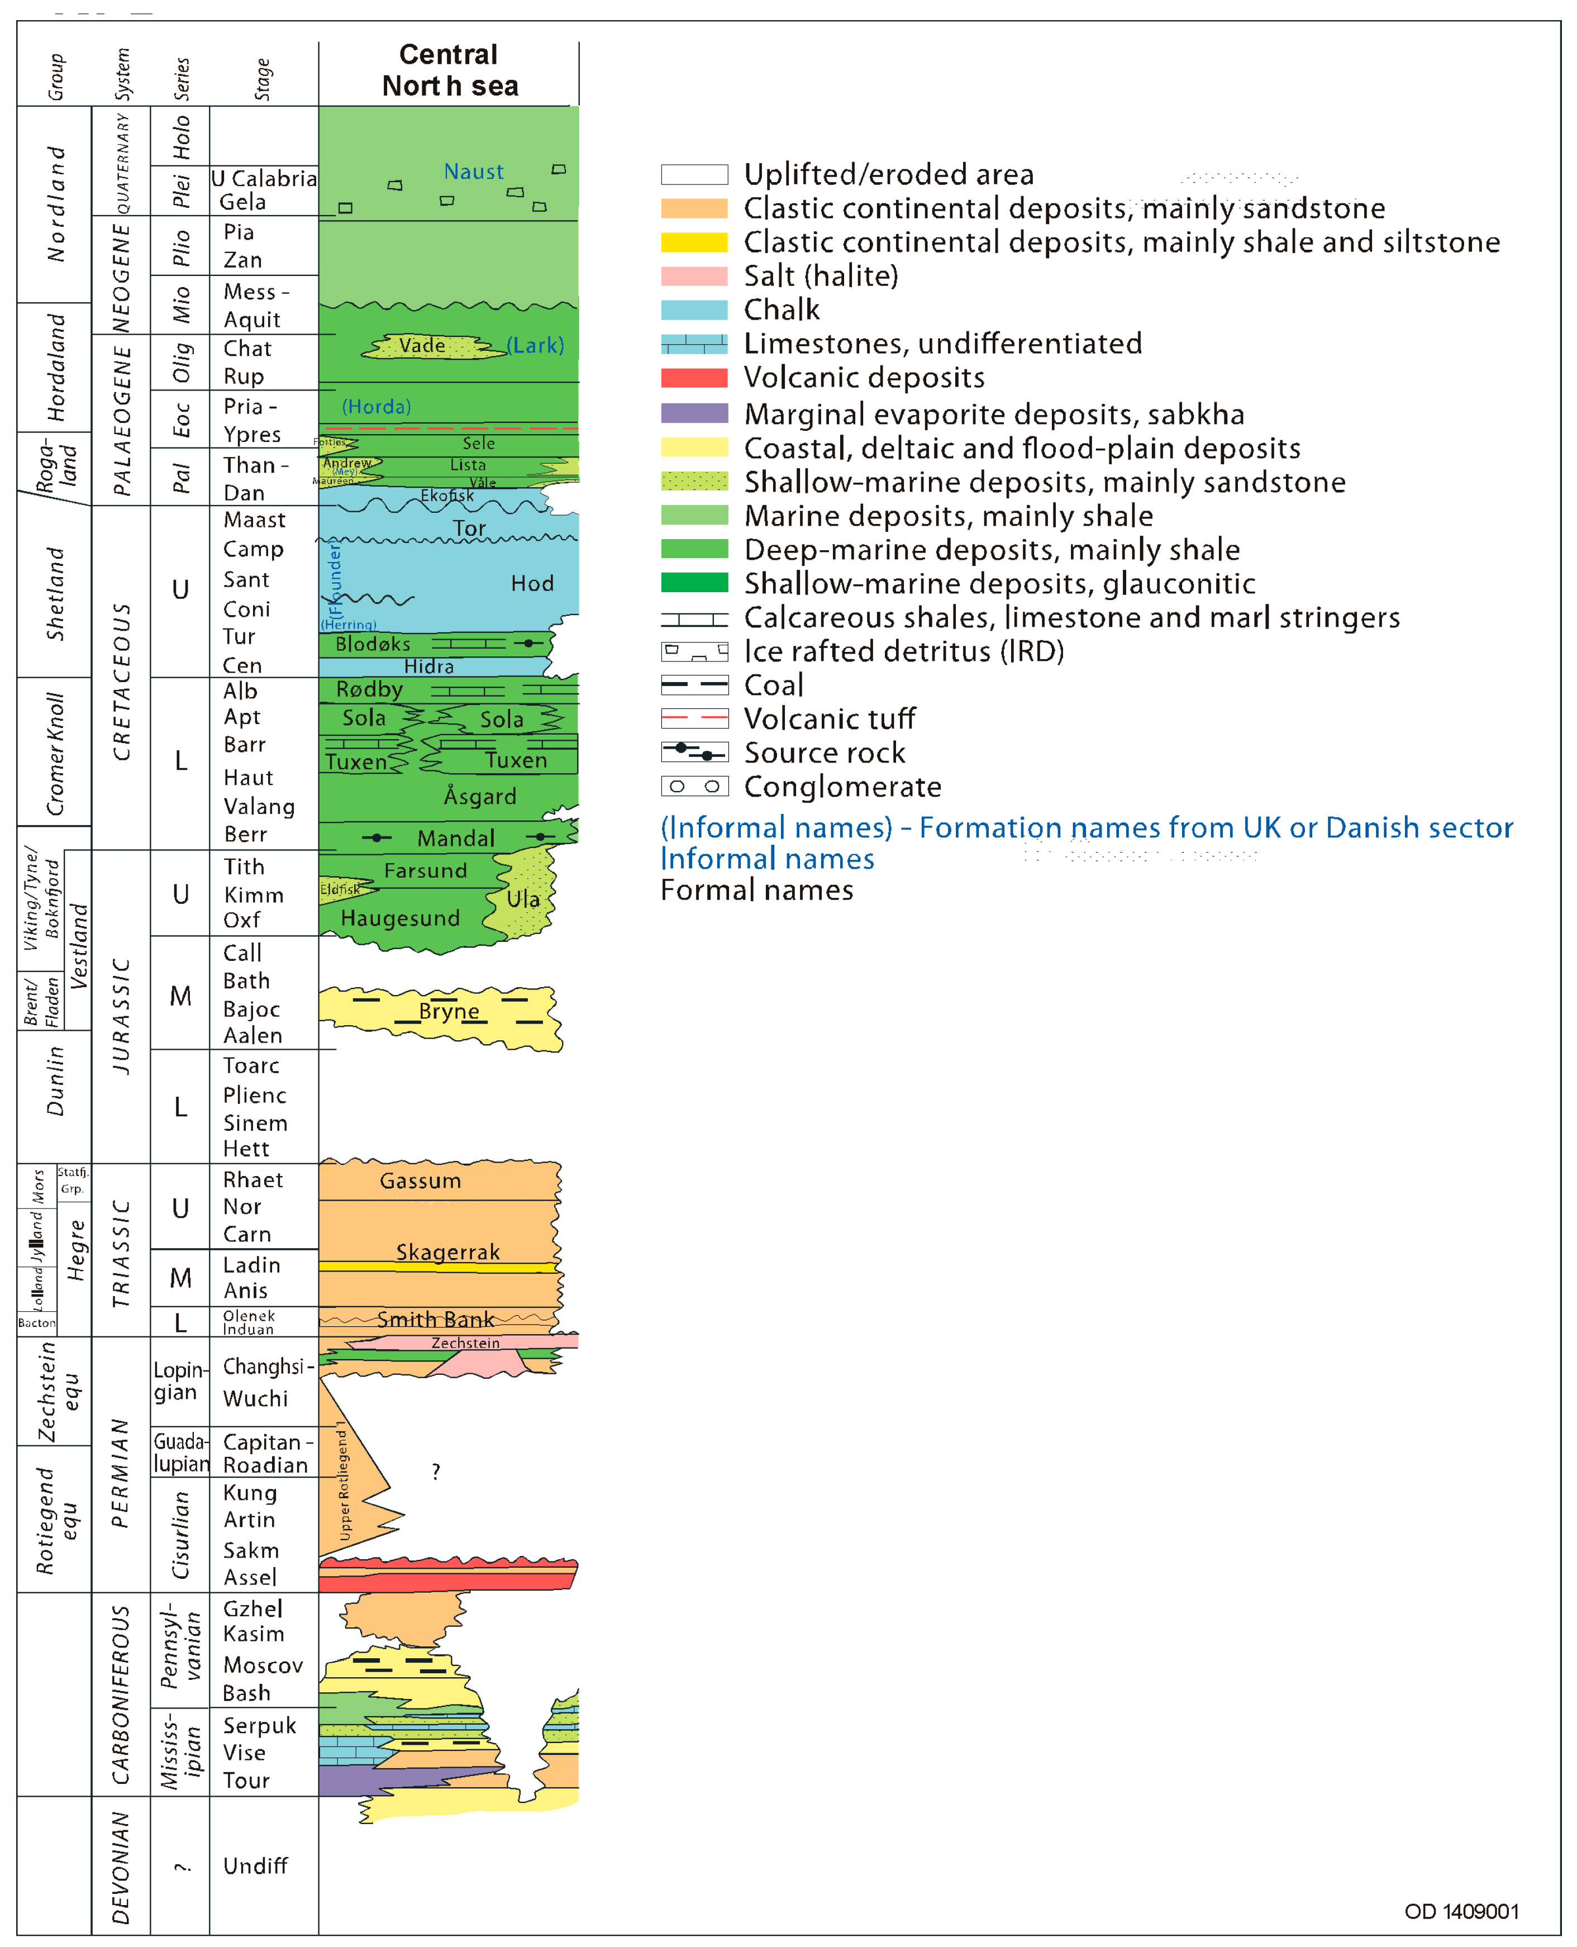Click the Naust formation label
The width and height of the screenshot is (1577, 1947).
(x=473, y=172)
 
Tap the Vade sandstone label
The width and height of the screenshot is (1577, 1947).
(x=422, y=345)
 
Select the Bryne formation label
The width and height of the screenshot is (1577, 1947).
(x=448, y=1011)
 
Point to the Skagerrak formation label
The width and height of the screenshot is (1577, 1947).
(x=448, y=1252)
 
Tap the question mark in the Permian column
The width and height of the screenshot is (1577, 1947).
(x=436, y=1471)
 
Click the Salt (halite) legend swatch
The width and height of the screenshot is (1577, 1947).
(x=694, y=276)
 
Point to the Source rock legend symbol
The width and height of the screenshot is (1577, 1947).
(x=694, y=753)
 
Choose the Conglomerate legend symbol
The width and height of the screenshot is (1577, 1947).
(x=694, y=786)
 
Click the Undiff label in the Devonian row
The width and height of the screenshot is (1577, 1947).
(x=255, y=1865)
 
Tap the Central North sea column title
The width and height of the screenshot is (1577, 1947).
(x=450, y=71)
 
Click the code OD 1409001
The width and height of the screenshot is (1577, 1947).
(x=1461, y=1912)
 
